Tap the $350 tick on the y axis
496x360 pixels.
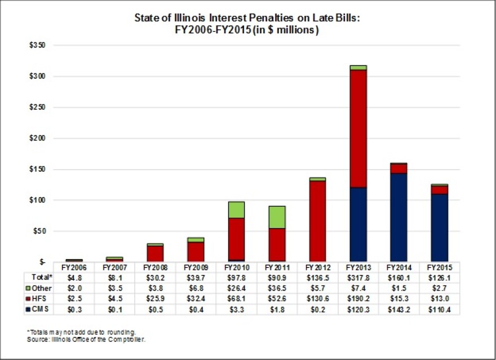37,45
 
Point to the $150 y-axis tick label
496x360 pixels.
37,169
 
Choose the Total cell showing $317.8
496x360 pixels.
358,278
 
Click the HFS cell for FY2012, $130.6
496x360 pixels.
317,299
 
